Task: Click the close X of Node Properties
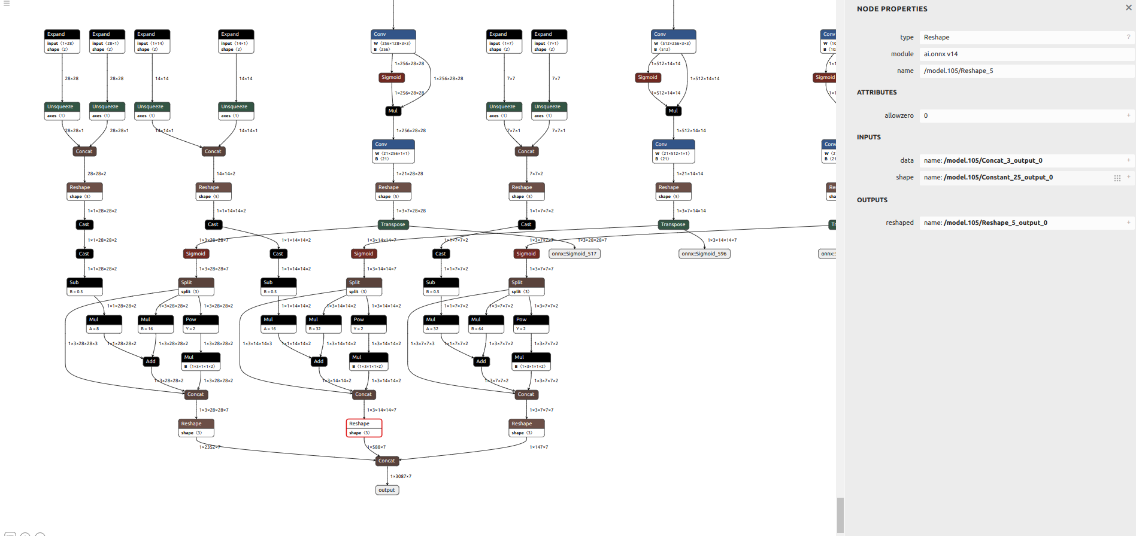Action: coord(1128,8)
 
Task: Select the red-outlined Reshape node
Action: coord(363,428)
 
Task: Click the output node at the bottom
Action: coord(387,490)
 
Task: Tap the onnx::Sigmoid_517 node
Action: coord(574,254)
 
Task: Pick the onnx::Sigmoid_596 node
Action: coord(704,254)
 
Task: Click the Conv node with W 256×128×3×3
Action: coord(393,42)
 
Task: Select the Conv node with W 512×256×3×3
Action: coord(673,42)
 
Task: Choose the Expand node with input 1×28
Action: coord(62,42)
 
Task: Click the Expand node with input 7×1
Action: coord(549,42)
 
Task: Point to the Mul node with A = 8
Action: coord(104,324)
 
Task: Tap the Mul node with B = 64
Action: coord(486,324)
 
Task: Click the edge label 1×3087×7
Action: coord(401,476)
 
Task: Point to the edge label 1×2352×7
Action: coord(210,447)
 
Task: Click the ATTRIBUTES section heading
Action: coord(877,92)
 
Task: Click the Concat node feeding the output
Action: coord(387,461)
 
